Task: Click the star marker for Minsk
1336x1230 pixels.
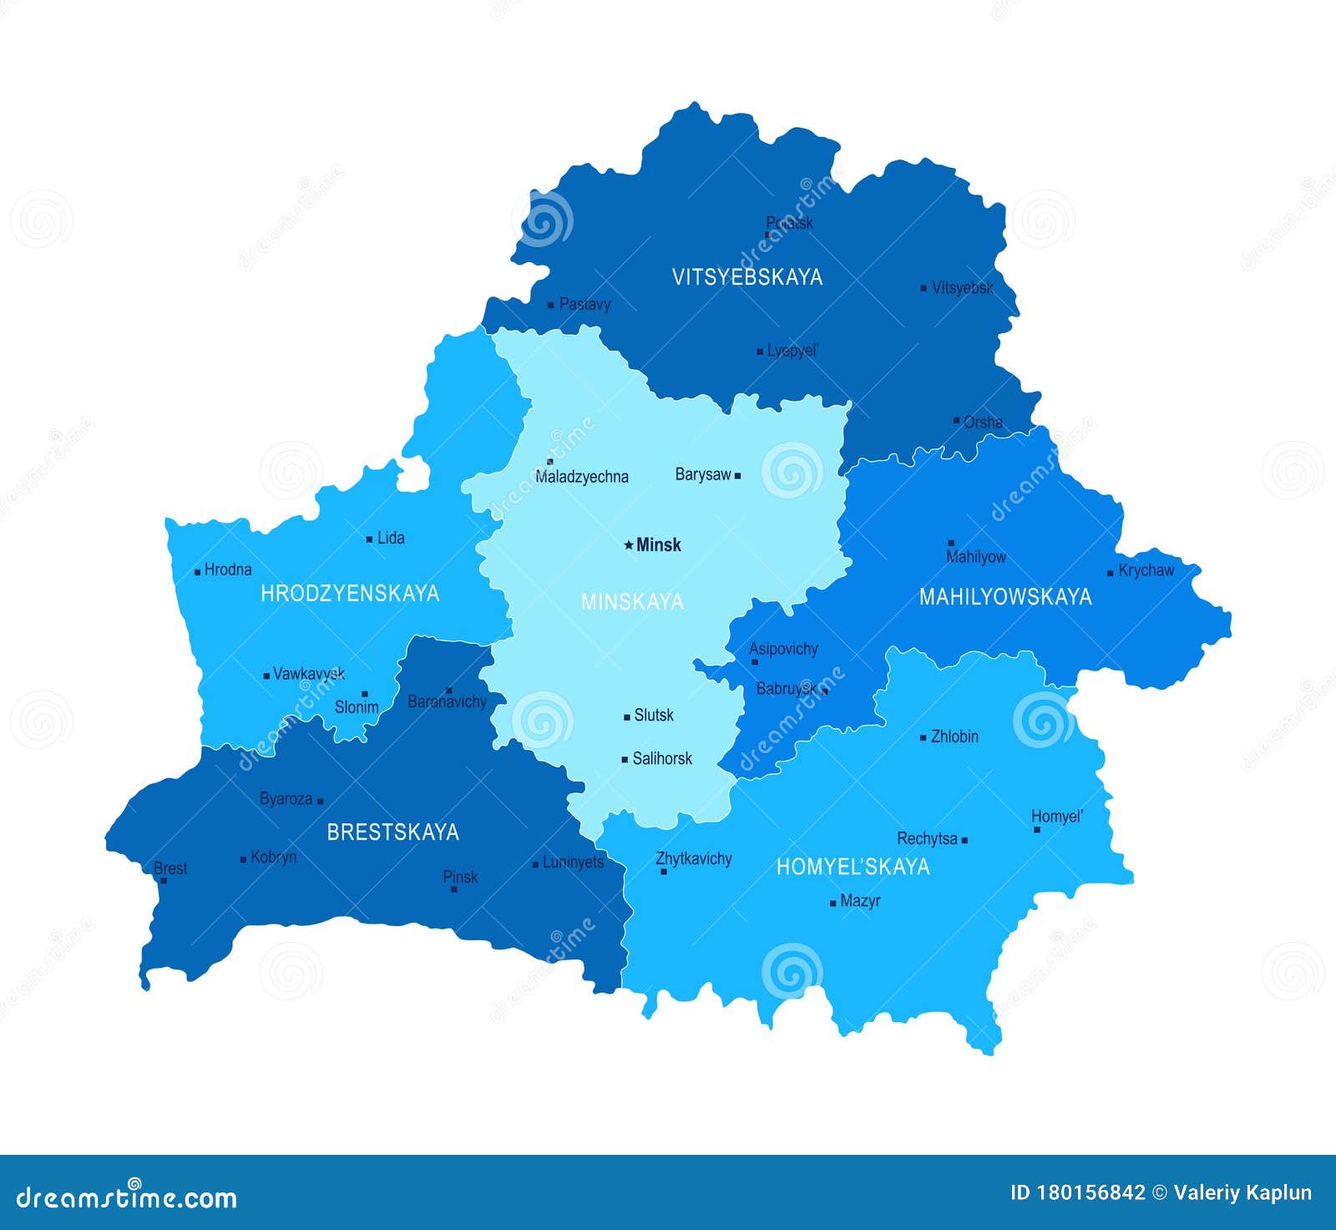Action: (x=629, y=545)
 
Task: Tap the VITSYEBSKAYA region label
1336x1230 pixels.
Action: (x=747, y=277)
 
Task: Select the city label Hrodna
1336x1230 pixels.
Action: (x=228, y=569)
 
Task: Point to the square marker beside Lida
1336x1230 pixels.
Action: (x=369, y=539)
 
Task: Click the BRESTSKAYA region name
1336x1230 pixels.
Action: (x=392, y=832)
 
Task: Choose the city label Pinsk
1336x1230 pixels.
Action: (x=460, y=877)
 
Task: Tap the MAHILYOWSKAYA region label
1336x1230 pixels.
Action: (x=1005, y=596)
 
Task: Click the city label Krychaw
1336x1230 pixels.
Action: (x=1146, y=570)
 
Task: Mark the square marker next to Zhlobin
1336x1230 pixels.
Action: (x=923, y=737)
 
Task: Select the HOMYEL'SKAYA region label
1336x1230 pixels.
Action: (x=853, y=867)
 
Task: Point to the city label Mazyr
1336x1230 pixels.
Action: (x=860, y=901)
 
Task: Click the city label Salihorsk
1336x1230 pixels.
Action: (x=662, y=758)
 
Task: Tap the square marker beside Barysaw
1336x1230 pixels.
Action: (x=737, y=475)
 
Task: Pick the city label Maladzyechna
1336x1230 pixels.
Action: (x=582, y=477)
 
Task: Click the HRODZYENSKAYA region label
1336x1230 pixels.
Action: (x=350, y=593)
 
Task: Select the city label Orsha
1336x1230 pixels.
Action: (x=983, y=422)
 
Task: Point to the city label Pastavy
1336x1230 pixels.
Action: (x=584, y=304)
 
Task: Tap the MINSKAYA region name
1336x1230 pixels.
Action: (x=632, y=601)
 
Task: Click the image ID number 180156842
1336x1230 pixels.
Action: (x=1092, y=1192)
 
